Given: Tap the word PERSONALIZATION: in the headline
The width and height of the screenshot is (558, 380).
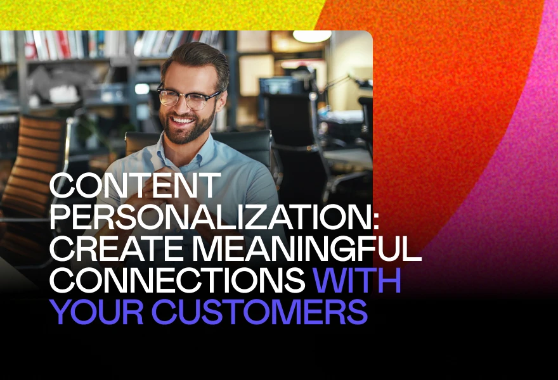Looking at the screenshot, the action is coord(214,217).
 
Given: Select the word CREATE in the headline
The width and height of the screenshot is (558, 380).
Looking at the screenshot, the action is coord(118,248).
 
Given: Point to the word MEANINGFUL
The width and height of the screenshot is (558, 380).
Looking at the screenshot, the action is coord(307,248).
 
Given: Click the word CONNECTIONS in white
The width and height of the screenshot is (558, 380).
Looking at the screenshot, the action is coord(177,279).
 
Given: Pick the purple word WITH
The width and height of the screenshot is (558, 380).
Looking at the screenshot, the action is coord(356,279).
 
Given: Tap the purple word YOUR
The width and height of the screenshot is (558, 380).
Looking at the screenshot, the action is coord(97,311).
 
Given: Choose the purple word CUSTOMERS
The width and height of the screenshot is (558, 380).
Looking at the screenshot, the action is coord(259,311).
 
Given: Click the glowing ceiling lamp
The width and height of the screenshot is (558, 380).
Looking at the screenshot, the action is coord(312,36).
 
